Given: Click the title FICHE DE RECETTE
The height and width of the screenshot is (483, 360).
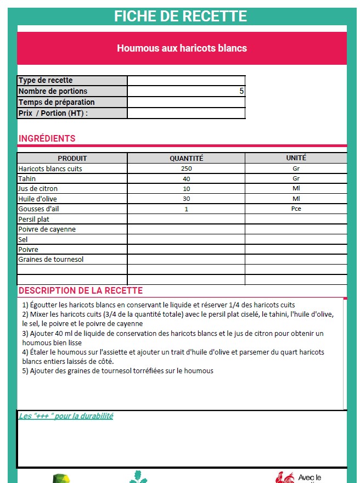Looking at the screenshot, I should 181,16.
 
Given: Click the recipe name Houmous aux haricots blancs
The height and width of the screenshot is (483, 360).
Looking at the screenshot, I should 182,48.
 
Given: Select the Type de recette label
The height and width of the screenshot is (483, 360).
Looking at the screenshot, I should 46,81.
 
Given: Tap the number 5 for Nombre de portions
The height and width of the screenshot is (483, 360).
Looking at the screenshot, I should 241,91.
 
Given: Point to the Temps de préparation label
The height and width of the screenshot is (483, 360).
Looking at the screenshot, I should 57,102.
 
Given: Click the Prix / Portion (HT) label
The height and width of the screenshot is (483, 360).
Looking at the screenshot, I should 53,113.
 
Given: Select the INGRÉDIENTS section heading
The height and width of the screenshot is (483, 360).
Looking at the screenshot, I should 47,139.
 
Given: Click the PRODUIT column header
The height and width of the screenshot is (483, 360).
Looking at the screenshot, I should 72,158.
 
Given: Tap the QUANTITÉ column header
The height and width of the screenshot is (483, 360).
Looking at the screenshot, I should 186,158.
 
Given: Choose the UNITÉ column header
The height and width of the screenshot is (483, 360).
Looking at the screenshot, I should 296,158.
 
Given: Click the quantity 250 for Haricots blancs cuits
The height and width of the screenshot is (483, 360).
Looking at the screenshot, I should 186,169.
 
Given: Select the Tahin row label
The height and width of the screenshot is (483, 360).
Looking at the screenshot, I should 27,179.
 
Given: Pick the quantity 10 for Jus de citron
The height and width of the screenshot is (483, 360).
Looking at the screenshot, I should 186,189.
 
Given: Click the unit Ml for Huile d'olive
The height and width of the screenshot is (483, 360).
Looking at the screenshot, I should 296,199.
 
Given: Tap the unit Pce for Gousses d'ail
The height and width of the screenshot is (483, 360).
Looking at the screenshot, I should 296,209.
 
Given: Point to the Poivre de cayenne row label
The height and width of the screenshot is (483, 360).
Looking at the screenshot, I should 47,229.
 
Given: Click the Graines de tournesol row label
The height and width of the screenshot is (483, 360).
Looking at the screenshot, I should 51,259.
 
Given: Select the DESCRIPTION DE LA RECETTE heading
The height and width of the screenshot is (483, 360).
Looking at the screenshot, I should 81,291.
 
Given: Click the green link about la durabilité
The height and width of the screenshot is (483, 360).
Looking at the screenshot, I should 66,416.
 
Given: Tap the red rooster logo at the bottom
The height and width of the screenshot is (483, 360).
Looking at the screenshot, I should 285,477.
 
